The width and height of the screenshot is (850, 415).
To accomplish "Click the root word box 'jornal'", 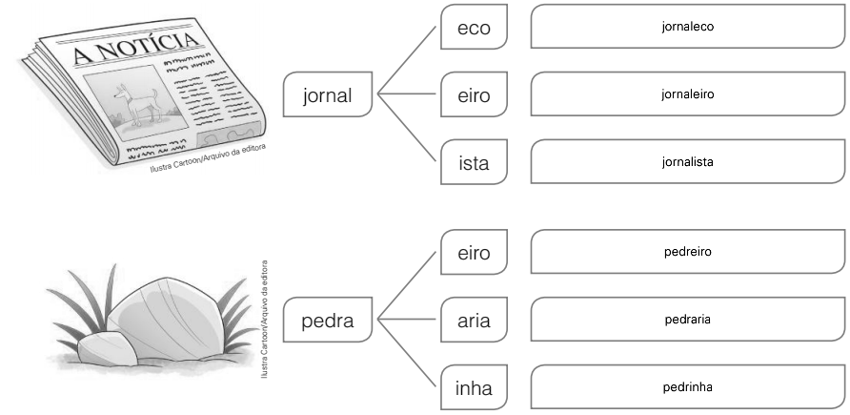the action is pyautogui.click(x=328, y=94).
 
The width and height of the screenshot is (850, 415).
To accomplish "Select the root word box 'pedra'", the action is pyautogui.click(x=328, y=320).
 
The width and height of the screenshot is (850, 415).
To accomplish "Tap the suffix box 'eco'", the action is pyautogui.click(x=474, y=27).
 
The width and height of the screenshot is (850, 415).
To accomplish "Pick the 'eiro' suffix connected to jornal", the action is pyautogui.click(x=474, y=94).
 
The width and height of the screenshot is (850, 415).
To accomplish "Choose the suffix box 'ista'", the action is pyautogui.click(x=474, y=162).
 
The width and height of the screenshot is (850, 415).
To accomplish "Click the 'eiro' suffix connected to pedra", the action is pyautogui.click(x=474, y=252).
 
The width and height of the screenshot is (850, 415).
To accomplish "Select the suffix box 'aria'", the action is pyautogui.click(x=474, y=320).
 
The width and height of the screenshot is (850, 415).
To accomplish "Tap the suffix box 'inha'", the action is pyautogui.click(x=474, y=387).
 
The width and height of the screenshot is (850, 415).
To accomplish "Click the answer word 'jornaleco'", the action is pyautogui.click(x=687, y=27).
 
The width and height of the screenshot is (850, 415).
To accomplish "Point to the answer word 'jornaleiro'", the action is pyautogui.click(x=687, y=94).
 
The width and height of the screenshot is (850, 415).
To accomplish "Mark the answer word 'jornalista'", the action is pyautogui.click(x=687, y=161).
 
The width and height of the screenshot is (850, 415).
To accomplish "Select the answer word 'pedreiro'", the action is pyautogui.click(x=687, y=252).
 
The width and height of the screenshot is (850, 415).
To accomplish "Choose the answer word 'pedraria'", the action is pyautogui.click(x=687, y=320).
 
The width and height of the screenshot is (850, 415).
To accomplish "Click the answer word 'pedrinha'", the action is pyautogui.click(x=687, y=387).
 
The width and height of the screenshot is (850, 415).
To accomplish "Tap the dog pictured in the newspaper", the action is pyautogui.click(x=135, y=103).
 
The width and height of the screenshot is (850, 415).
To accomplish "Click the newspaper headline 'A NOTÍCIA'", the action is pyautogui.click(x=135, y=48).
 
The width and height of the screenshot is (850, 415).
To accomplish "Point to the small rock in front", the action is pyautogui.click(x=108, y=348).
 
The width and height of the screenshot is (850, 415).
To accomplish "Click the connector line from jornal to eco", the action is pyautogui.click(x=407, y=60).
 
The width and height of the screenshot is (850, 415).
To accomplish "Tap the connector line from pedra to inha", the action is pyautogui.click(x=407, y=353).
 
